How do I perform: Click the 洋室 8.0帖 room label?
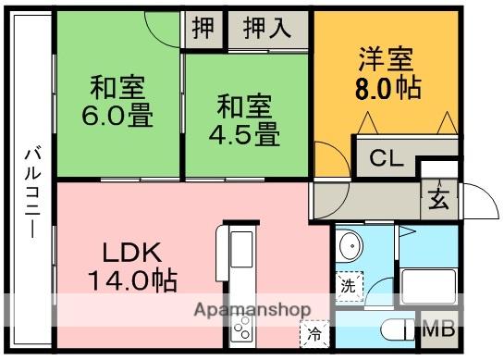[388, 73]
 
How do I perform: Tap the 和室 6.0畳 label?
[117, 101]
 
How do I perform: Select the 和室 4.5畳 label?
[245, 119]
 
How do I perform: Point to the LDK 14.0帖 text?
[132, 267]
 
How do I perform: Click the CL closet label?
[387, 158]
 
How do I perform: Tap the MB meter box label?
[439, 329]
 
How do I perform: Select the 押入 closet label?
[267, 28]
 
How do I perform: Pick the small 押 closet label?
[203, 28]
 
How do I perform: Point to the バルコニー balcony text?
[32, 192]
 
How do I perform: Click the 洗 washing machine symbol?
[349, 286]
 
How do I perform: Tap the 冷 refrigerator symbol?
[314, 334]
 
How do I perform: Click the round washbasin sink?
[350, 246]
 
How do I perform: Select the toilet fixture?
[398, 329]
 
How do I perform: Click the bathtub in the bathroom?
[428, 286]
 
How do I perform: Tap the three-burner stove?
[241, 328]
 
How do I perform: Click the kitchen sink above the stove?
[241, 249]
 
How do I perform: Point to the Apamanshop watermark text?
[252, 309]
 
